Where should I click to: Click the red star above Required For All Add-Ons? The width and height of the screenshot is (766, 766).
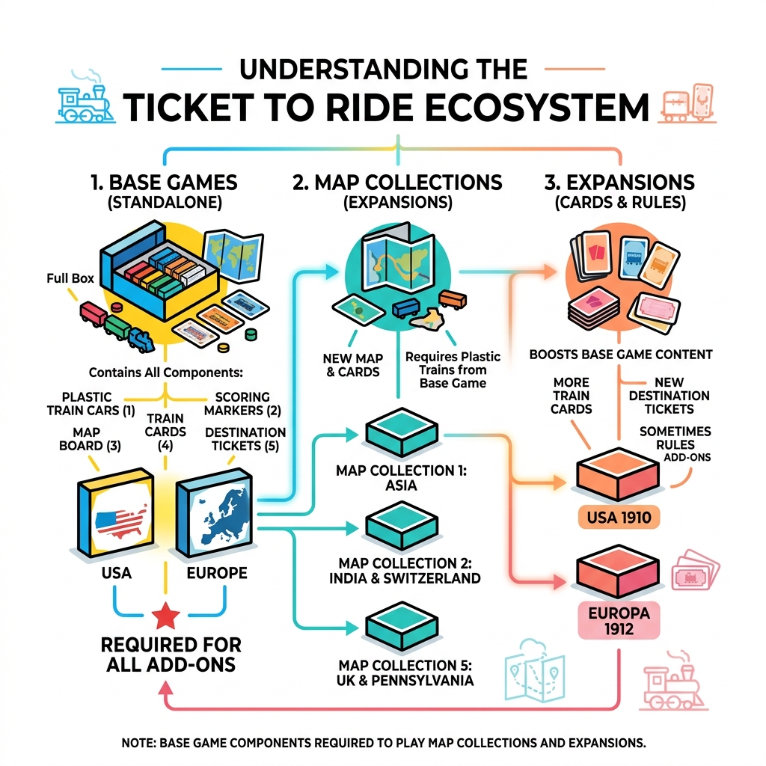(x=165, y=616)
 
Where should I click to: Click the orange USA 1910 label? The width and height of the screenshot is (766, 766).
(x=618, y=516)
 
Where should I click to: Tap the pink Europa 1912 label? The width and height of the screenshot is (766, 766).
(x=619, y=620)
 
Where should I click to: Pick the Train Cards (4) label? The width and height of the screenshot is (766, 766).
(x=165, y=432)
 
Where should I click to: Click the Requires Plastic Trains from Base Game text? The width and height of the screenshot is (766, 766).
(x=453, y=370)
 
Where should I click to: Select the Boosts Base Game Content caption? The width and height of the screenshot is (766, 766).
(x=620, y=354)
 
